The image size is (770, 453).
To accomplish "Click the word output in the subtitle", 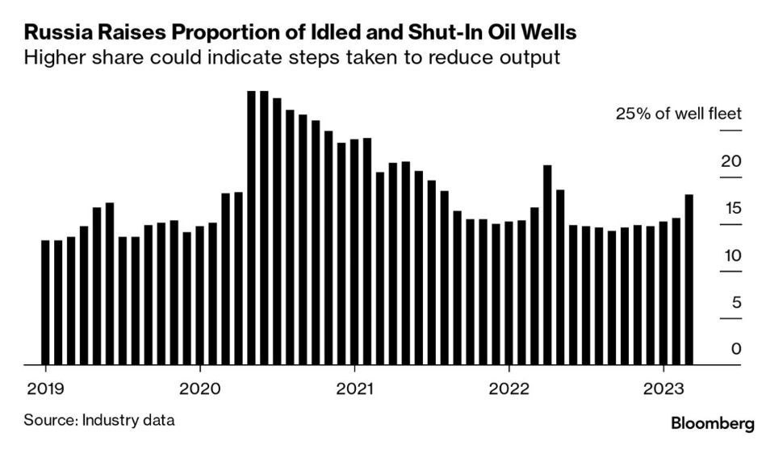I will [x=530, y=59].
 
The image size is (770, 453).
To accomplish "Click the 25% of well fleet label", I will [x=678, y=114].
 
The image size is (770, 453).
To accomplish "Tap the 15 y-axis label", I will [x=730, y=209].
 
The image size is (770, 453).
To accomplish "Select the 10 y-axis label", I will [x=730, y=256].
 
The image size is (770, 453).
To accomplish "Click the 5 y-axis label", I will [x=735, y=303].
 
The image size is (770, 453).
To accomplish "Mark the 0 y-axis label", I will [x=735, y=350].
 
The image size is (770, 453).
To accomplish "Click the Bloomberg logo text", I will [x=713, y=422].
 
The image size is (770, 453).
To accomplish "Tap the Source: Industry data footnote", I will [x=99, y=420].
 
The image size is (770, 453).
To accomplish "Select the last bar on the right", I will [x=688, y=279].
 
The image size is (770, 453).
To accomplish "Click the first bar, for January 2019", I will [x=45, y=302].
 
